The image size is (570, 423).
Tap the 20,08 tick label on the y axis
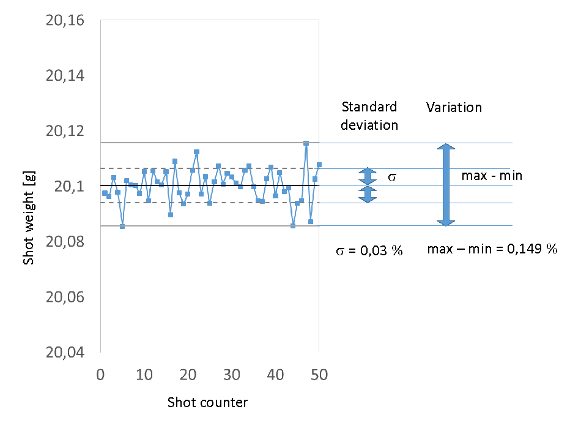[x=70, y=242]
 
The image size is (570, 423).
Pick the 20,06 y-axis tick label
[x=70, y=297]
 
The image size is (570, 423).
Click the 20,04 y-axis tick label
[x=70, y=353]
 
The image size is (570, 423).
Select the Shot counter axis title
[x=207, y=402]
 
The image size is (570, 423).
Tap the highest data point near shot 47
[x=306, y=143]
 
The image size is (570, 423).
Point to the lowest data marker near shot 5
[x=122, y=226]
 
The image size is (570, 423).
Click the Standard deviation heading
[x=369, y=116]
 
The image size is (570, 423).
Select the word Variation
[x=454, y=108]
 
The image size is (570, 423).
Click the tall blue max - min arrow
[x=446, y=184]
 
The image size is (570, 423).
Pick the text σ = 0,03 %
[x=369, y=251]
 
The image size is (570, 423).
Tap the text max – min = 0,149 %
[x=492, y=249]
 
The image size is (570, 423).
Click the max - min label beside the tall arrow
[x=492, y=176]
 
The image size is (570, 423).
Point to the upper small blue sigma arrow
[x=368, y=176]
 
